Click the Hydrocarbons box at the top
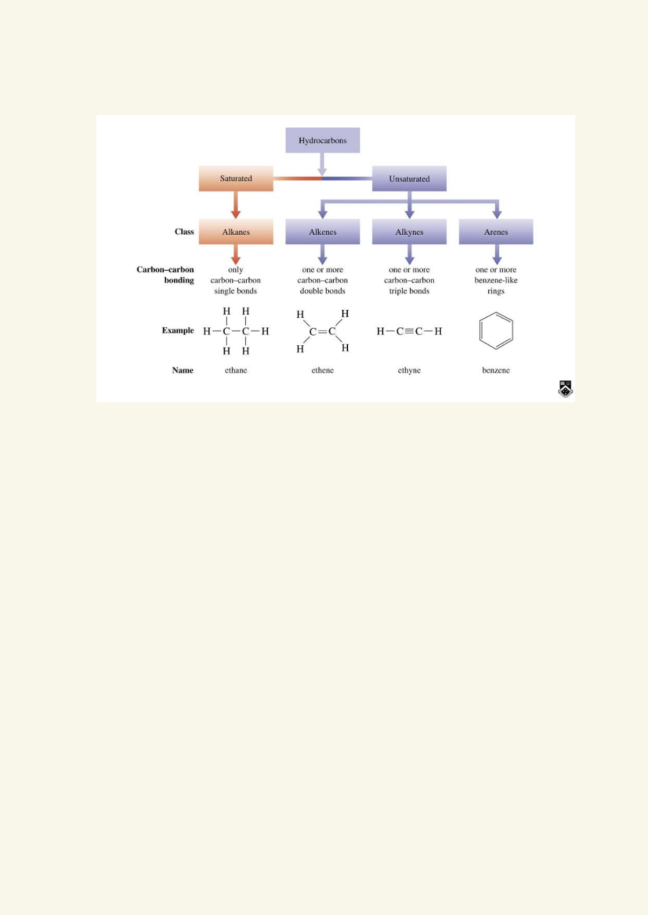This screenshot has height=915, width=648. click(322, 140)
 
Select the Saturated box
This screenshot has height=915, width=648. click(236, 179)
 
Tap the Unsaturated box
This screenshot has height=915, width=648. click(409, 179)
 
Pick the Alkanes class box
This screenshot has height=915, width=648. click(236, 232)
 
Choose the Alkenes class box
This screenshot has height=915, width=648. click(322, 232)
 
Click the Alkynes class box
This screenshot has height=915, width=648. click(409, 232)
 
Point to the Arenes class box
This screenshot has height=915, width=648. click(496, 232)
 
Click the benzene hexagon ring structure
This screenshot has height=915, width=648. click(496, 331)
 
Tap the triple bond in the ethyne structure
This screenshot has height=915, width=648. click(409, 331)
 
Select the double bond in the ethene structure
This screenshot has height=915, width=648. click(322, 331)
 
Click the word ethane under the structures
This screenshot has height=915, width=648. click(236, 370)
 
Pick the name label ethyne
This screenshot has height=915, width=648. click(409, 370)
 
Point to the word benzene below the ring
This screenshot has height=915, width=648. click(496, 370)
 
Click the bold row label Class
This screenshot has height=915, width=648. click(184, 232)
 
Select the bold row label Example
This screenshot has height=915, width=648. click(178, 330)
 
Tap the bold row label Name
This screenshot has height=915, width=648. click(183, 370)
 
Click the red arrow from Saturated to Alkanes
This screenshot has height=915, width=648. click(236, 206)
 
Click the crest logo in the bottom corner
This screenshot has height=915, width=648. click(565, 388)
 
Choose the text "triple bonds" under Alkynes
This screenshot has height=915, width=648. click(409, 291)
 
